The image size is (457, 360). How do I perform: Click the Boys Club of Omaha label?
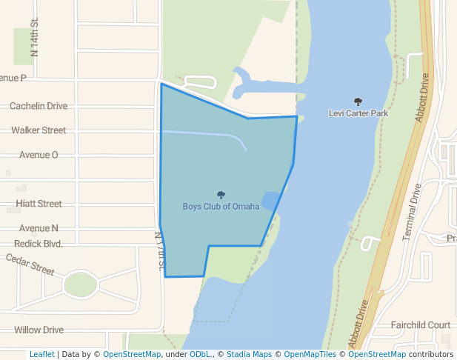click(221, 207)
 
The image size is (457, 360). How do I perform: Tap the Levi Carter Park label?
click(358, 113)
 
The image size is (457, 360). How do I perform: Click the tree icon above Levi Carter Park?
click(358, 102)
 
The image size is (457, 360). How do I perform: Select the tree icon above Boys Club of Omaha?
click(221, 196)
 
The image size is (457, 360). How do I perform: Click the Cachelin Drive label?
click(39, 106)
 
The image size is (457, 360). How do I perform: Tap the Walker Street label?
click(39, 130)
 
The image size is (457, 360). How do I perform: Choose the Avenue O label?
click(39, 155)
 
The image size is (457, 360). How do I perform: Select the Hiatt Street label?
click(39, 204)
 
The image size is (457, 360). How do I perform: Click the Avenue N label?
click(39, 228)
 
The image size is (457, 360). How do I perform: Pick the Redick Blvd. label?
click(39, 244)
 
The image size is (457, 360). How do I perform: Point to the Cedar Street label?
click(30, 264)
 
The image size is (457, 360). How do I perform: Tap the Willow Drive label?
click(39, 330)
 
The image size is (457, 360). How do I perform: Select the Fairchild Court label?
click(421, 325)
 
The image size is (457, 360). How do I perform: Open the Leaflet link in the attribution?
click(41, 355)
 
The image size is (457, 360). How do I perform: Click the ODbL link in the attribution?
click(201, 355)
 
